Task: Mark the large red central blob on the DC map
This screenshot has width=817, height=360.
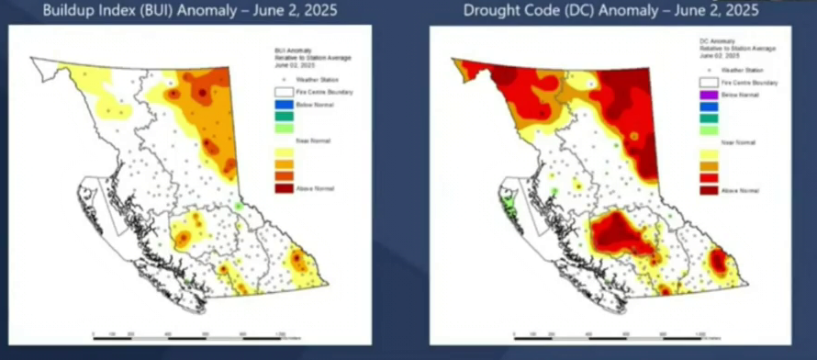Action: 616,230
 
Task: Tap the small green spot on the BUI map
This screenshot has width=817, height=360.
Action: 238,208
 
